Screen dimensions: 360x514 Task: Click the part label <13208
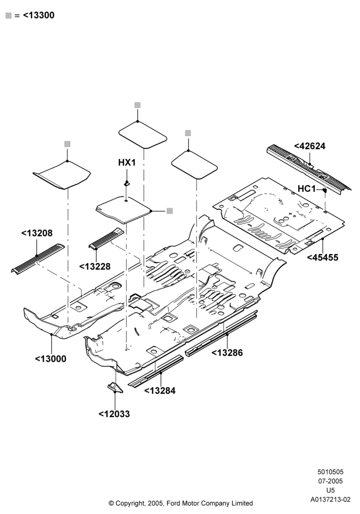click(x=37, y=233)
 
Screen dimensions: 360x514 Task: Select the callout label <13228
click(x=95, y=266)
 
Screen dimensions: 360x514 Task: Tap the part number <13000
click(x=50, y=359)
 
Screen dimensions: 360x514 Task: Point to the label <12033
click(x=114, y=414)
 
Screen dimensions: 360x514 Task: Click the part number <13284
click(x=159, y=391)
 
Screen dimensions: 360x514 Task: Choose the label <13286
click(x=227, y=353)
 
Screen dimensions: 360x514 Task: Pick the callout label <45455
click(x=322, y=258)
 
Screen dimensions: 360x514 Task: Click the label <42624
click(x=310, y=146)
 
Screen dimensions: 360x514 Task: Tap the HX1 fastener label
click(x=127, y=162)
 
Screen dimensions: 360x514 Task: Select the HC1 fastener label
click(x=307, y=189)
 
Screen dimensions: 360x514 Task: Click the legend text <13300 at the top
click(x=39, y=15)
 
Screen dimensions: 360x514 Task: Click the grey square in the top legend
click(x=9, y=15)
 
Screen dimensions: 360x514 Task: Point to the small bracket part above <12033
click(x=114, y=387)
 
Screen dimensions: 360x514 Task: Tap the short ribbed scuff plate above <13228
click(x=107, y=238)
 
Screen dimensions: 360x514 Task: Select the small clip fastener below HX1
click(x=127, y=183)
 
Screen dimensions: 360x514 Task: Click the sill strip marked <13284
click(x=155, y=371)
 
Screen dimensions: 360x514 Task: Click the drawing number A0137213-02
click(x=331, y=500)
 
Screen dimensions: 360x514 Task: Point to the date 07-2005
click(x=331, y=481)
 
